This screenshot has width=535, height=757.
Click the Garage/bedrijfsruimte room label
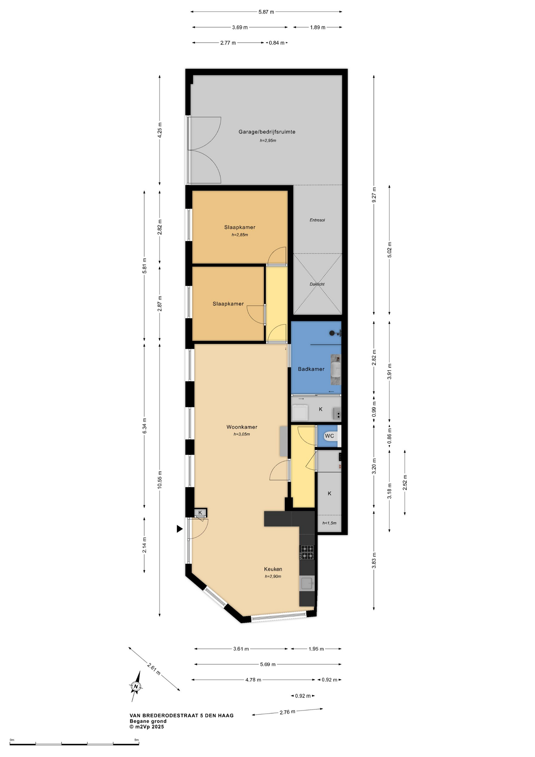(x=267, y=132)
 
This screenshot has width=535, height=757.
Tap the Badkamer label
(x=311, y=369)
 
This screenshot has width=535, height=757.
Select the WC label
(x=329, y=436)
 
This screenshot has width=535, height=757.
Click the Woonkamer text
(x=242, y=427)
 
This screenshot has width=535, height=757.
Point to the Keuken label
(x=273, y=569)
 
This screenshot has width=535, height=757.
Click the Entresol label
(x=317, y=220)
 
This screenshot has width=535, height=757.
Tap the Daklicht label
(x=317, y=284)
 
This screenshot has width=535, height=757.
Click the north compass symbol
(x=136, y=686)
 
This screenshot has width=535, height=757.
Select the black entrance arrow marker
(x=180, y=529)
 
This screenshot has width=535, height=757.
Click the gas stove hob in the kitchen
(x=307, y=552)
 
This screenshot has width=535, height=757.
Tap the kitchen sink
(x=307, y=583)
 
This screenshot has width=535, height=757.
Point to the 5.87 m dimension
(x=266, y=12)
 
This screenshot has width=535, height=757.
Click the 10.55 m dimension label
(x=160, y=480)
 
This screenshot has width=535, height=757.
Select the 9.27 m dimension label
(x=374, y=195)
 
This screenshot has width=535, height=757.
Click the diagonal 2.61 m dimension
(x=154, y=668)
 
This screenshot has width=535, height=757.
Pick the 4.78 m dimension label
(x=253, y=680)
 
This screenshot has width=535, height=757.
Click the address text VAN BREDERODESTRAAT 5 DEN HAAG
(x=182, y=716)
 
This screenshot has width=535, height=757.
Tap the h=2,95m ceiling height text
(x=268, y=140)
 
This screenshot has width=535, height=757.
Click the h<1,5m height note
(x=329, y=523)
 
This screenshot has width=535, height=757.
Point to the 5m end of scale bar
(x=139, y=744)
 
